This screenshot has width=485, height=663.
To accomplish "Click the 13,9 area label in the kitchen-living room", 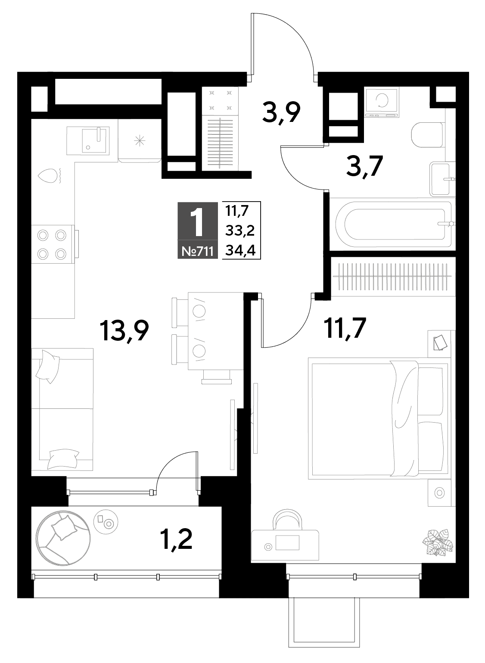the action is [x=124, y=331].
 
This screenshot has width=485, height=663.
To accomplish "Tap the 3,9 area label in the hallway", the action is [x=281, y=112].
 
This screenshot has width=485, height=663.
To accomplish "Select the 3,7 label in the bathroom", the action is [x=364, y=166].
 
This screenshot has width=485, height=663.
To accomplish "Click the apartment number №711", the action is [x=197, y=252].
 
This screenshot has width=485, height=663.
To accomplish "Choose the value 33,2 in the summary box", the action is [x=240, y=230].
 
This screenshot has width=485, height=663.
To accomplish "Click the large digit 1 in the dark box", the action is [x=197, y=222].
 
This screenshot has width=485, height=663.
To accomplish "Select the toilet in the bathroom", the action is [x=428, y=135].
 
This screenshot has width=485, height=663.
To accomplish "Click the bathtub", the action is [x=394, y=224].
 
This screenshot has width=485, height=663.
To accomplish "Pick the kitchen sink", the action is [x=88, y=140].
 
